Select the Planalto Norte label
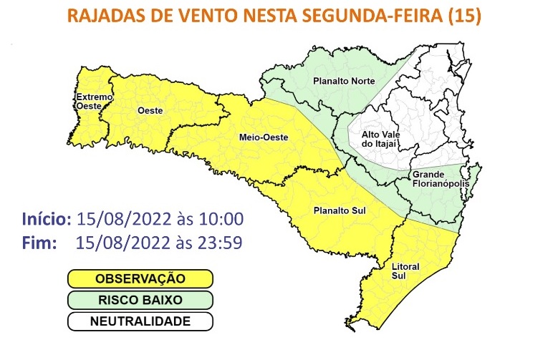[344, 81]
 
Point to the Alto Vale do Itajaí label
[380, 139]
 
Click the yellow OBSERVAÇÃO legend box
[140, 278]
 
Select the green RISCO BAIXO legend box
[140, 300]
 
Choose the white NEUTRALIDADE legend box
[140, 321]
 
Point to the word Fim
[39, 243]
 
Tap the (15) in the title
[466, 16]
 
